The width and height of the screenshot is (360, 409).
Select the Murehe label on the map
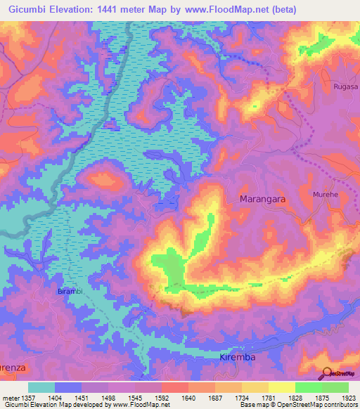tap(326, 193)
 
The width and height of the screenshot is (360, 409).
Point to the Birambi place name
tap(70, 290)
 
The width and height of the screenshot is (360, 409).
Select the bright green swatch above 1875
tap(309, 387)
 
